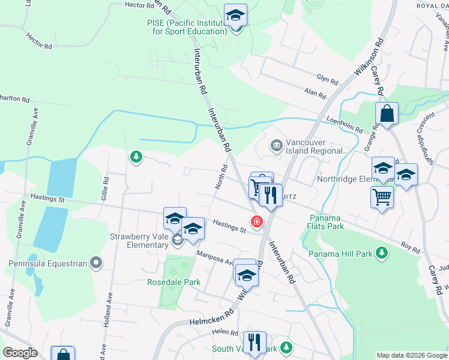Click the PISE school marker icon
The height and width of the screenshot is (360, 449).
(x=236, y=15)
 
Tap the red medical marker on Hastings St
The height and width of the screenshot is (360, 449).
(x=257, y=222)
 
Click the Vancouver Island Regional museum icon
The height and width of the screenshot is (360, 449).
(x=276, y=145)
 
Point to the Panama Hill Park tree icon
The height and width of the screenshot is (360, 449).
(x=381, y=253)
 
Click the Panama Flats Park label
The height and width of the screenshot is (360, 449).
(x=327, y=222)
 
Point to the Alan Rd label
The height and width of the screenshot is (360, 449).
(x=315, y=94)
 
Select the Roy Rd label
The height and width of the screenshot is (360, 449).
(x=411, y=247)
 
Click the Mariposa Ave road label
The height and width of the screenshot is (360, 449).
(x=215, y=258)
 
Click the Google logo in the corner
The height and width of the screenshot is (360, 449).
(x=19, y=353)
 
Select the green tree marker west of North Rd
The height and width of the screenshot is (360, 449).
(x=137, y=157)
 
